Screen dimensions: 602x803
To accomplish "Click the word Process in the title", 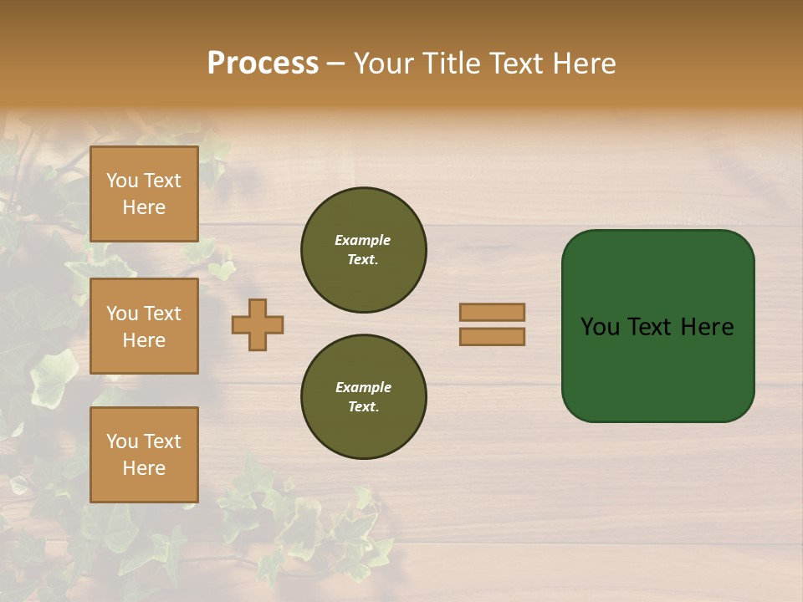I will pos(263,64).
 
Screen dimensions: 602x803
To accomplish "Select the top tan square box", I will pos(144,194).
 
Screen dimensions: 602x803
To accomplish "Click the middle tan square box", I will pos(144,326).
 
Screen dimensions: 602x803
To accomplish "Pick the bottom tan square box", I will pos(144,455).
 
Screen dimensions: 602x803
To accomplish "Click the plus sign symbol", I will pos(258,324).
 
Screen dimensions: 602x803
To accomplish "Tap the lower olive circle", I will pos(363,396).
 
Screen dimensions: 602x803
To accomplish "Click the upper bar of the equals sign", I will pos(492,313).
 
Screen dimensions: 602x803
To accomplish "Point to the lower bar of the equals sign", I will pos(492,336).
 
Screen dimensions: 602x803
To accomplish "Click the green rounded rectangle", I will pos(657,326).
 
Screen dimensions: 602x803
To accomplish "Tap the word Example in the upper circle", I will pos(362,240).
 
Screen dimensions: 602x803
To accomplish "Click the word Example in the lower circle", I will pos(363,387).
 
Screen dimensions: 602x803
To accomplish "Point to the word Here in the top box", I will pos(144,207).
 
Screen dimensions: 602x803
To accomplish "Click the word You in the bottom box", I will pos(122,441).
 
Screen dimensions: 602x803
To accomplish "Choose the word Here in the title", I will pos(582,64).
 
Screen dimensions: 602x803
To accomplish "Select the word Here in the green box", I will pos(707,327).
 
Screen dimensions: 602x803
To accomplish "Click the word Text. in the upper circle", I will pos(362,259).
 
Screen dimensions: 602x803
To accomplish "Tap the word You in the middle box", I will pos(122,314).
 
